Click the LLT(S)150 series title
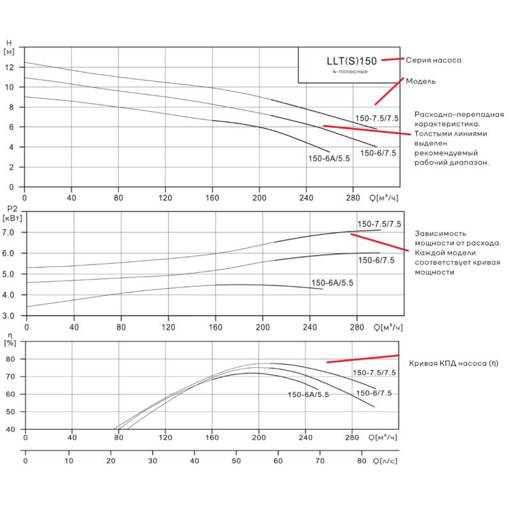click(x=352, y=61)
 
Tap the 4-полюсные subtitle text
click(x=350, y=72)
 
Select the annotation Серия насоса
click(x=434, y=60)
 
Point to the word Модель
click(x=421, y=82)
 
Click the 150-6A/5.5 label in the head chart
click(x=329, y=158)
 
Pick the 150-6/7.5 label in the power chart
click(x=376, y=260)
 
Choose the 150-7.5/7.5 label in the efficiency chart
click(x=374, y=372)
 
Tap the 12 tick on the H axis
click(x=10, y=68)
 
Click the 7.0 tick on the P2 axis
click(x=8, y=233)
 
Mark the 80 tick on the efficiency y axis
click(x=10, y=359)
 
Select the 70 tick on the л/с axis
click(x=320, y=461)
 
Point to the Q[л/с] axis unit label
click(x=385, y=461)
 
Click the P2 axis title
click(x=12, y=210)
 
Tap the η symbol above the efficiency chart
click(x=10, y=335)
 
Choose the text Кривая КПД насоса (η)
click(x=454, y=363)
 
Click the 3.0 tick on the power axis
click(x=8, y=316)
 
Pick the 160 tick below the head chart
click(x=212, y=198)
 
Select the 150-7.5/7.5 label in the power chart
click(x=379, y=224)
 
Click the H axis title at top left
click(x=9, y=43)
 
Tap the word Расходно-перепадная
click(x=459, y=114)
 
